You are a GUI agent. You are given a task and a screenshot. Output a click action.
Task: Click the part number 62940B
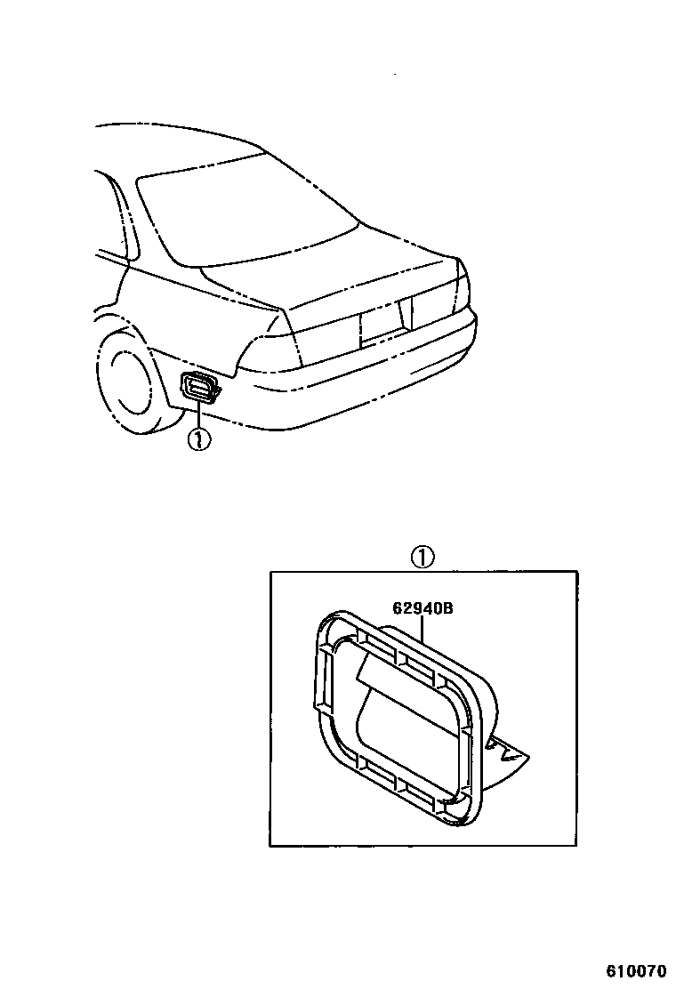coord(423,609)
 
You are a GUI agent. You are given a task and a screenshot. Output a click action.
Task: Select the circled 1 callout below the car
coord(198,439)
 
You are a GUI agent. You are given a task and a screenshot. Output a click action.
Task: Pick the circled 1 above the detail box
coord(422,558)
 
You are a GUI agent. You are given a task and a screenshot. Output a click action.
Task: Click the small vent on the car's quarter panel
coord(198,389)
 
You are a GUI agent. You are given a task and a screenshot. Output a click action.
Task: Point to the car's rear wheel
coord(129,382)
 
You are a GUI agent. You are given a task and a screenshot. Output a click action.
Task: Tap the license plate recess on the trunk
coord(381,325)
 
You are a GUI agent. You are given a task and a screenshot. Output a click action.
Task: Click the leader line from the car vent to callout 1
coord(197,416)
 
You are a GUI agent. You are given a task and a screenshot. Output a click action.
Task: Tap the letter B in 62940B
coord(449,609)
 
